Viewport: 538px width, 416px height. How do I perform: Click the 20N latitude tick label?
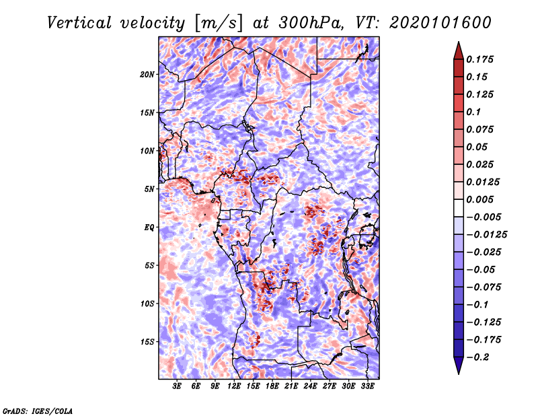[147, 75]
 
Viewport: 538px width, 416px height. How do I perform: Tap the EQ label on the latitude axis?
[149, 228]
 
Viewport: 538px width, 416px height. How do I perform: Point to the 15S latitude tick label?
[147, 342]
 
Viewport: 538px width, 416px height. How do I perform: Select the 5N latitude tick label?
[149, 189]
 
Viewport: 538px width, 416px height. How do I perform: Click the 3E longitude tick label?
[177, 386]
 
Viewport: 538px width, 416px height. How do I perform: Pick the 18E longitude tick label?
[272, 386]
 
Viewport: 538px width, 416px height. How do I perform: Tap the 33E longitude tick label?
[367, 386]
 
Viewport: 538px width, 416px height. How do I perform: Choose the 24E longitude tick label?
[310, 386]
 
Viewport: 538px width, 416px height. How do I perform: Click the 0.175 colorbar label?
[479, 59]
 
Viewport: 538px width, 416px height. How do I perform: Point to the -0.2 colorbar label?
[477, 357]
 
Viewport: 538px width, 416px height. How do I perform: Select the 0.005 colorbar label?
[479, 199]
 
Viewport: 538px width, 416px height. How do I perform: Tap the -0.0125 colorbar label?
[486, 235]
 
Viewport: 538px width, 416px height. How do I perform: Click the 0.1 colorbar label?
[473, 112]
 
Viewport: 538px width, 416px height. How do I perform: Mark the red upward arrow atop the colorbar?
[459, 50]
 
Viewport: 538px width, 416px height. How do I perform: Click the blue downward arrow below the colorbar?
[459, 366]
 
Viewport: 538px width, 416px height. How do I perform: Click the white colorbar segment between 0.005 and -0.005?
[459, 208]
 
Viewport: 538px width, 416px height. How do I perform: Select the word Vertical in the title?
[79, 23]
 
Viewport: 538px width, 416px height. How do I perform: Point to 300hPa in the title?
[311, 23]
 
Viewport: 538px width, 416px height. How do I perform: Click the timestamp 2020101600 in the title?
[440, 23]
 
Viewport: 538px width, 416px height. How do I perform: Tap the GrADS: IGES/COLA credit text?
[38, 411]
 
